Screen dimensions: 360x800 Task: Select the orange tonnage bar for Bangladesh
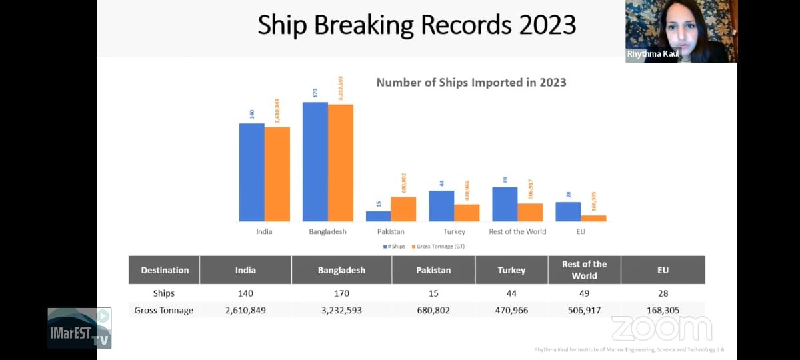tap(340, 163)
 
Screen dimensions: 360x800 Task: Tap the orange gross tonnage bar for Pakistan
tap(403, 209)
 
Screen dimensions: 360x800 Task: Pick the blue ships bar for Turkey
tap(441, 206)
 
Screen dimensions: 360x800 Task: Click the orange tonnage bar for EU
tap(593, 218)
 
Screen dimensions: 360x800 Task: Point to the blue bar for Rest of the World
tap(505, 204)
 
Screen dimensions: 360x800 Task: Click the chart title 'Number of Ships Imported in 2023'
tap(471, 83)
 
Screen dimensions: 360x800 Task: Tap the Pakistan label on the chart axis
tap(391, 232)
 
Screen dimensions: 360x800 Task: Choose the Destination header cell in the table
tap(165, 270)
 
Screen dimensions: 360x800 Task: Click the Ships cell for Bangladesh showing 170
tap(341, 293)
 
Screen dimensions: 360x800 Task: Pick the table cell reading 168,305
tap(663, 310)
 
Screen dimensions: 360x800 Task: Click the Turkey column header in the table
tap(511, 270)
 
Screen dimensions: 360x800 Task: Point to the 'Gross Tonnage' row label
tap(163, 310)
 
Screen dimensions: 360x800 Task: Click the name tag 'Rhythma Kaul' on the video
tap(653, 54)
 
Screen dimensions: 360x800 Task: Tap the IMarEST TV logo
tap(79, 328)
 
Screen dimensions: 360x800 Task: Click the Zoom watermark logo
tap(661, 328)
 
